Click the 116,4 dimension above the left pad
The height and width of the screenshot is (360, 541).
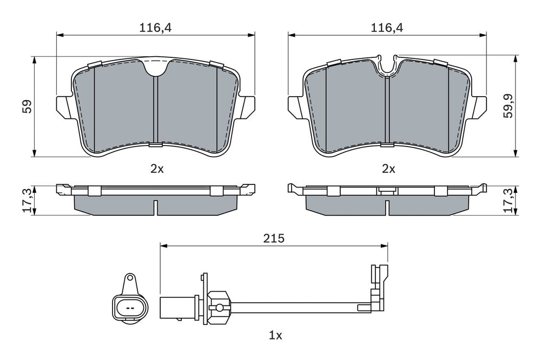155,28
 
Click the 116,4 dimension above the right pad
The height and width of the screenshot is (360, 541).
387,28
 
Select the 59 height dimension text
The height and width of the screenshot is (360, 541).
27,106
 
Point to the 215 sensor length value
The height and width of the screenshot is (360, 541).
274,238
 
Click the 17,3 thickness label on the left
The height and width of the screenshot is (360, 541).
28,201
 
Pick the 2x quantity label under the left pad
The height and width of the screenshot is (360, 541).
157,169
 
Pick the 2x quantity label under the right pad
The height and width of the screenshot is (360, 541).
388,169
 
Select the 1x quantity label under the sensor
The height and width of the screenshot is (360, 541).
275,335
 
